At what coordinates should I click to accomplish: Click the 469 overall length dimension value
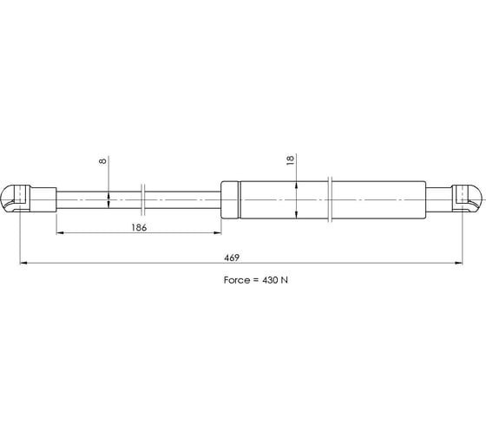pos(232,258)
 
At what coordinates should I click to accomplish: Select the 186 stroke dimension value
pos(139,228)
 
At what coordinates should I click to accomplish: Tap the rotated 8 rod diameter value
pos(102,160)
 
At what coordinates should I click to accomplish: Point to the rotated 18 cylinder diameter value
pos(290,160)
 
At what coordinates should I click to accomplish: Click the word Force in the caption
pos(237,280)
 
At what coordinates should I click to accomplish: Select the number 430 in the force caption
pos(270,280)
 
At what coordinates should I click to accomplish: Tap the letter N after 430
pos(285,280)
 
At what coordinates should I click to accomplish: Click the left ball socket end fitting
pos(16,199)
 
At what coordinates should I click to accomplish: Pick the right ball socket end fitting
pos(467,199)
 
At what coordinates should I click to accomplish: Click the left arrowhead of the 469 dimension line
pos(23,263)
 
